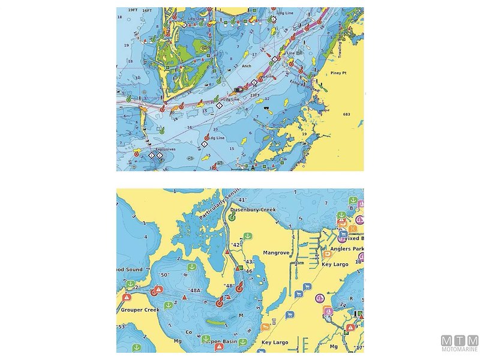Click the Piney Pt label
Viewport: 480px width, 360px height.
click(340, 73)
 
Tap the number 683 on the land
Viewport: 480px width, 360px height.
click(346, 114)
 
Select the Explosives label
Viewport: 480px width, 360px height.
click(165, 149)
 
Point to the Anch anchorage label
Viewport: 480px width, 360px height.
click(247, 66)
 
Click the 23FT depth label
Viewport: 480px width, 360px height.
click(254, 94)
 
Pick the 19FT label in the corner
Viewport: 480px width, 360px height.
click(133, 11)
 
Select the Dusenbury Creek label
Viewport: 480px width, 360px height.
click(253, 211)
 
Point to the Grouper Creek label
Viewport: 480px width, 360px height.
click(139, 310)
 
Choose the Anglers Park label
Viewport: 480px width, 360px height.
click(344, 248)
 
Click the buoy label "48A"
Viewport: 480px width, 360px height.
click(193, 290)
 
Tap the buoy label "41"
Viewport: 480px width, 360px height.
click(242, 200)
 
